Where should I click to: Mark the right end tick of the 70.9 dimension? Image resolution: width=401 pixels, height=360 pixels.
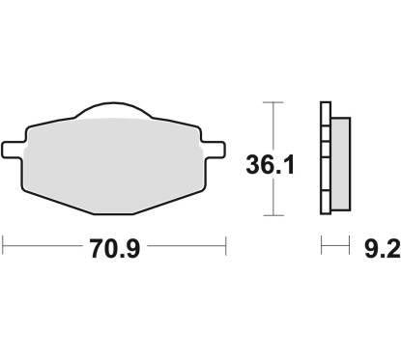225,248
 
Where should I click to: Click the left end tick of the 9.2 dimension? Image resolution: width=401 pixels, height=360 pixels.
322,248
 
